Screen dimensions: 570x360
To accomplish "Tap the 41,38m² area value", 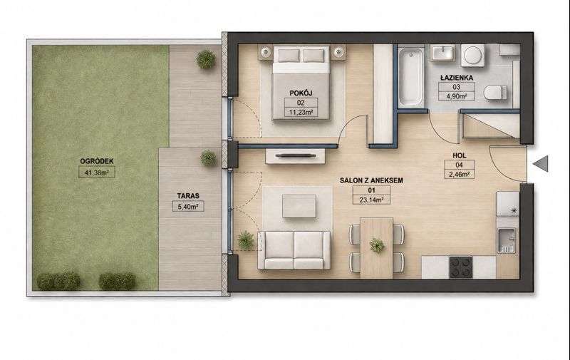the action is tap(97, 173).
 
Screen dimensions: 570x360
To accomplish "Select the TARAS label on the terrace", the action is tap(188, 195).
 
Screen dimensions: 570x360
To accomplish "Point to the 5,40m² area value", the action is tap(188, 207).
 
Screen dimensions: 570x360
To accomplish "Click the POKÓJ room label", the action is tap(301, 93).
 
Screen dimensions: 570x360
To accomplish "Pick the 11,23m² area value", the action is tap(301, 113).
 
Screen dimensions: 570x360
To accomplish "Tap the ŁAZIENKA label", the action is tap(456, 78).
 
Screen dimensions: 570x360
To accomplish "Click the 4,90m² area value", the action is tap(456, 96).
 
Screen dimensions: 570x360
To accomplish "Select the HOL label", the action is tap(459, 155).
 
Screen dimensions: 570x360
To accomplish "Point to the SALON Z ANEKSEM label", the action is tap(371, 180).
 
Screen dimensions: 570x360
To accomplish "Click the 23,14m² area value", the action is tap(372, 200).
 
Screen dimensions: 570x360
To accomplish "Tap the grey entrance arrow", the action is tap(541, 163).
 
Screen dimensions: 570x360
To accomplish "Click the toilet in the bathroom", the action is tap(495, 92).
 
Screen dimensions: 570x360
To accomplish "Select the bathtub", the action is tap(411, 76).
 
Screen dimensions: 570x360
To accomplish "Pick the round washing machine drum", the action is tap(472, 56).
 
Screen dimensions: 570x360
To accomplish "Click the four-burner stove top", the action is tap(460, 267).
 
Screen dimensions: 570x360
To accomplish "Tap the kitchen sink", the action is tap(507, 241).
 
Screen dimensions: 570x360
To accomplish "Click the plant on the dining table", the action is tap(377, 246).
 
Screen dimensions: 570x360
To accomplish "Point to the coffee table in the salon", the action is tap(299, 206).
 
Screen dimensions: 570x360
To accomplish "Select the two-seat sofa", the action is tap(294, 250).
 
